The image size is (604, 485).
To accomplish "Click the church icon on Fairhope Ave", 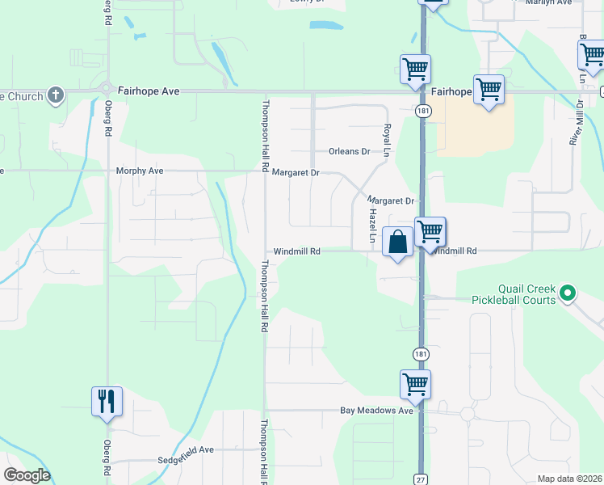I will pos(56,96).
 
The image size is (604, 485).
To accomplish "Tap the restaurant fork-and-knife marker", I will pos(107,400).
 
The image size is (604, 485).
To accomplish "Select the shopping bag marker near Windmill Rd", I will pos(398,242).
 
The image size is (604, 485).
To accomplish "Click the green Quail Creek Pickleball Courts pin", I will pos(568,293).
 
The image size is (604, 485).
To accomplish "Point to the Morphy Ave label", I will pos(140,171).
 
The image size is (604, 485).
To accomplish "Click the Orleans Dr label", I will pos(349,151).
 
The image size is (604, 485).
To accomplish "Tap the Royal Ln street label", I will pos(387,140).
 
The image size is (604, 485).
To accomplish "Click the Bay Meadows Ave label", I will pos(376,411).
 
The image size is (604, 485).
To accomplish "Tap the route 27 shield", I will pos(421,479).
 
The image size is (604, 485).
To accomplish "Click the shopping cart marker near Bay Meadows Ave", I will pos(415,384).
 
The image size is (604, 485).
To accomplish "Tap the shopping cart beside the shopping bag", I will pos(430,231).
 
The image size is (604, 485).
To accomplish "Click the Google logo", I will pos(27,475).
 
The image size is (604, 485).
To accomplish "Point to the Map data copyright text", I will pos(568,479).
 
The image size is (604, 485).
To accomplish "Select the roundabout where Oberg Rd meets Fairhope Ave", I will pos(107,88).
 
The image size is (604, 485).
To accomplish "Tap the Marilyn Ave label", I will pos(548,2).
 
